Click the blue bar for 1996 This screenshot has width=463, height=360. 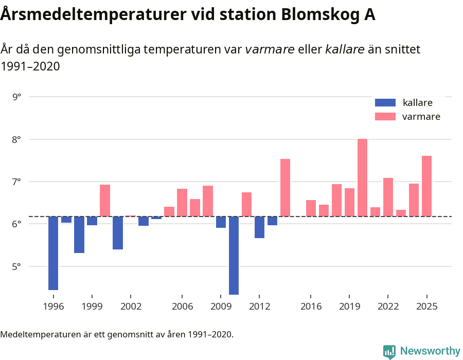(53, 253)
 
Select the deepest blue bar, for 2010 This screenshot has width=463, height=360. (234, 255)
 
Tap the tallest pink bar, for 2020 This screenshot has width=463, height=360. (362, 177)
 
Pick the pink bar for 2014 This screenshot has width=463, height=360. (285, 188)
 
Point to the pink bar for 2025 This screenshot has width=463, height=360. (426, 186)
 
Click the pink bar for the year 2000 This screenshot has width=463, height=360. (105, 201)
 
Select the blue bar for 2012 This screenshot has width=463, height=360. (259, 227)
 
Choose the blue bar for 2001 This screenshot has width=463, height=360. (118, 233)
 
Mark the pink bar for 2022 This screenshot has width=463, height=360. (388, 197)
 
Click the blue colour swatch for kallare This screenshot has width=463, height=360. (385, 102)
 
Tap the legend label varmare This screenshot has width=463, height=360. (421, 117)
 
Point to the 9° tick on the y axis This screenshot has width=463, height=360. (16, 97)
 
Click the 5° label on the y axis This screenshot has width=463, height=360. (16, 266)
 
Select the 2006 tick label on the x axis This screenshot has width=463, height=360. (182, 306)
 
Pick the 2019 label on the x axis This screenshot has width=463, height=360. (349, 306)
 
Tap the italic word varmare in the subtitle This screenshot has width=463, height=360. (270, 49)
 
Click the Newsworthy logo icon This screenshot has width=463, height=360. (389, 351)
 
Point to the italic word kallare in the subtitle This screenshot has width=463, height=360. (345, 49)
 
